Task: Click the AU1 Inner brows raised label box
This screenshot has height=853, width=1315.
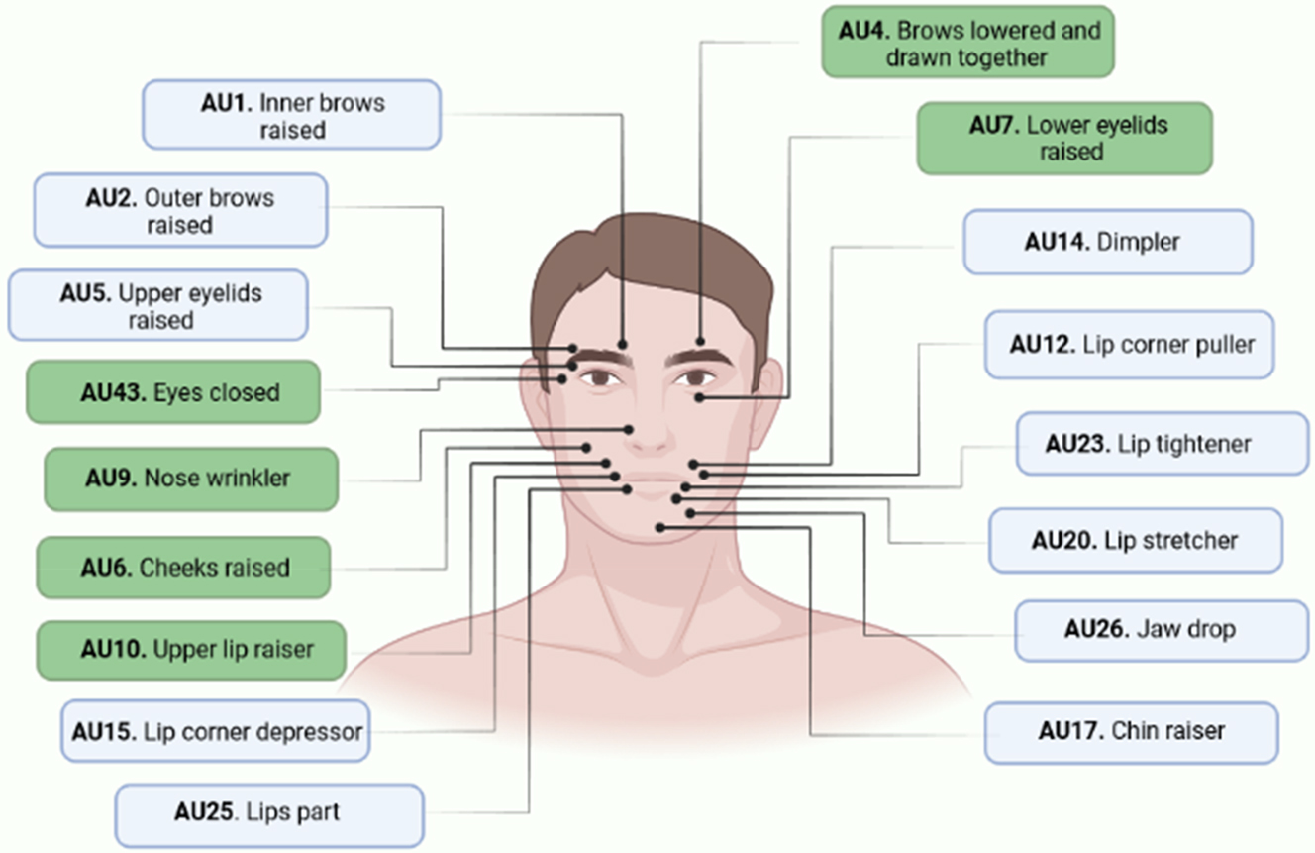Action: [x=291, y=116]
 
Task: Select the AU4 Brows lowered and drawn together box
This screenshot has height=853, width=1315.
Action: [x=967, y=44]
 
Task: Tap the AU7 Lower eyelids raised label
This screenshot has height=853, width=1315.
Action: [x=1064, y=139]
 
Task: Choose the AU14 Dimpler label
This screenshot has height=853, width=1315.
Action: [x=1107, y=242]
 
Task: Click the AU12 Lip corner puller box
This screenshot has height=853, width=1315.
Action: [x=1129, y=345]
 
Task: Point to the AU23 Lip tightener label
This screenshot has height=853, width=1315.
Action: [x=1162, y=444]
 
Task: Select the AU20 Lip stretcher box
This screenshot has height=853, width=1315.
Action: [x=1135, y=541]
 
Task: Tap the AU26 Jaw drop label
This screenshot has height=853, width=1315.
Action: [x=1161, y=630]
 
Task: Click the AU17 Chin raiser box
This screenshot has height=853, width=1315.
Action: [x=1131, y=732]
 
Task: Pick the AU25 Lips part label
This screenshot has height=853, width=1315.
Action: [x=268, y=813]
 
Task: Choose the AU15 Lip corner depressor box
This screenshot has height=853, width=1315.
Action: [x=215, y=733]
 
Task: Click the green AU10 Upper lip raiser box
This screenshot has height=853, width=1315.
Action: [x=191, y=651]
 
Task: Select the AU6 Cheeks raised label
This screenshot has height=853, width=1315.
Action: [x=183, y=568]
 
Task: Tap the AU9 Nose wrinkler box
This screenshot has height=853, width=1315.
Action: [x=190, y=479]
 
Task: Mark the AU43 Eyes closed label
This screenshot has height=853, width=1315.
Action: [x=174, y=393]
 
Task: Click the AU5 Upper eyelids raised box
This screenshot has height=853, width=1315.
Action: [x=158, y=306]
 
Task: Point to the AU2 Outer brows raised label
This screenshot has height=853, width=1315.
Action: [x=180, y=211]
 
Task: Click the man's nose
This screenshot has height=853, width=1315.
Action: [x=650, y=436]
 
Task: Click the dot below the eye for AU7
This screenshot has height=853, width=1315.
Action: [x=699, y=397]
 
